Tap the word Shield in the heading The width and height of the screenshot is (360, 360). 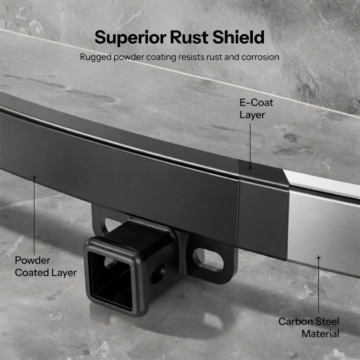point(239,37)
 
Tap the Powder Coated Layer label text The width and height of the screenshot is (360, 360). point(46,266)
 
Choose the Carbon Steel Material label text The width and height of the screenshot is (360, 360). point(309,327)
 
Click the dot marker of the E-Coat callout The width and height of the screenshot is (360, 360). point(250,168)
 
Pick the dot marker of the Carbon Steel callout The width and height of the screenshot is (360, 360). point(319,258)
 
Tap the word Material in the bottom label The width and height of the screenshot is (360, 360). point(320,333)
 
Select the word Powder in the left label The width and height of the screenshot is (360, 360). point(32,261)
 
